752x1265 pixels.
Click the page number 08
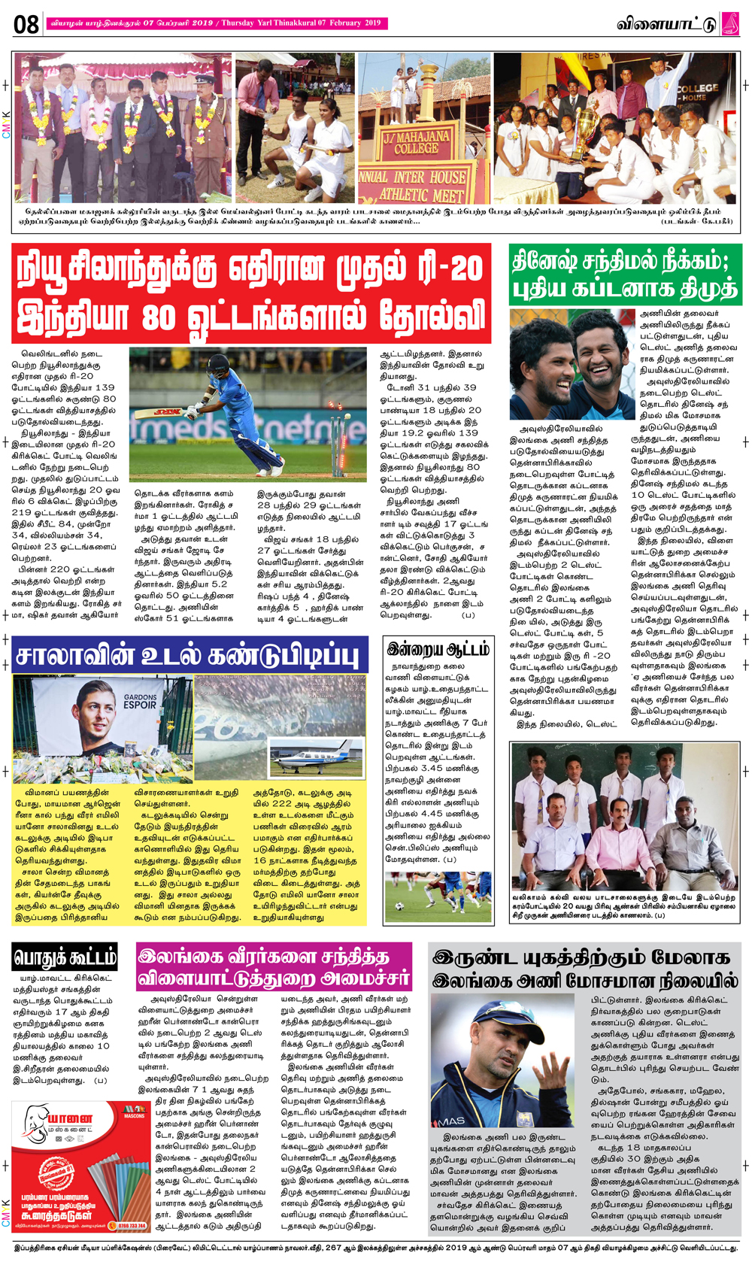click(x=26, y=24)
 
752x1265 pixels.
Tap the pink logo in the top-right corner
click(x=729, y=23)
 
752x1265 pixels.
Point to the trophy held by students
click(x=584, y=121)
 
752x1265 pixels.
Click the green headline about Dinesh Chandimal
click(x=625, y=275)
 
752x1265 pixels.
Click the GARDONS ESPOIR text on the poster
click(x=140, y=701)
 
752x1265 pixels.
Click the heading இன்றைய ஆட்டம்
click(x=438, y=649)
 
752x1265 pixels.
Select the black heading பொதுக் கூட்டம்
click(x=65, y=957)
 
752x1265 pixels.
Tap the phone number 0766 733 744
click(x=132, y=1225)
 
